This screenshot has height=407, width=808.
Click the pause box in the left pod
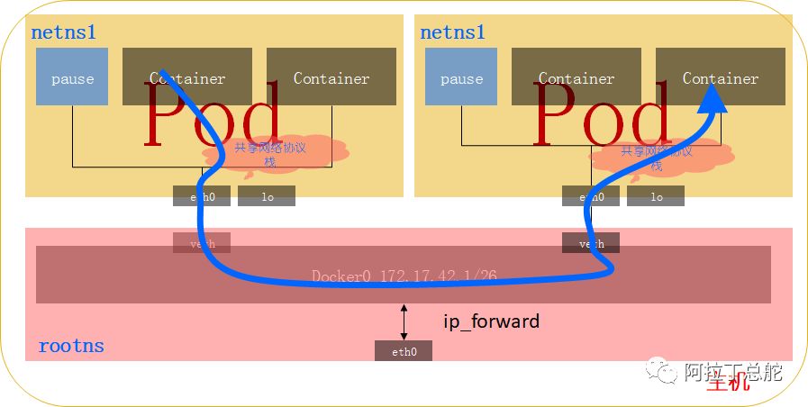[x=72, y=77]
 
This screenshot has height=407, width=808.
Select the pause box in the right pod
[x=461, y=77]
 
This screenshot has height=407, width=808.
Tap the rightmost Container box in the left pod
[x=331, y=77]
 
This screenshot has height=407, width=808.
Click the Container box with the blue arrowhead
[x=721, y=77]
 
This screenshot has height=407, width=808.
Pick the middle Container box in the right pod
[x=576, y=77]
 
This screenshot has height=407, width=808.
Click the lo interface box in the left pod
[x=267, y=196]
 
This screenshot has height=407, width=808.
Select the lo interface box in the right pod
[x=656, y=196]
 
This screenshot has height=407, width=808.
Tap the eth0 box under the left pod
[x=202, y=196]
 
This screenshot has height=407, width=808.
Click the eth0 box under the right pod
[x=591, y=196]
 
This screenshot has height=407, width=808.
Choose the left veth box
[x=202, y=242]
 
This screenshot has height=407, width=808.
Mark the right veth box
[x=591, y=242]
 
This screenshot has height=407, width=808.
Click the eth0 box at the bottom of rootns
[x=404, y=351]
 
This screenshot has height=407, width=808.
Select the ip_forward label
[x=491, y=321]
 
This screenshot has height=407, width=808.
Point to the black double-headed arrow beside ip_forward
[x=404, y=321]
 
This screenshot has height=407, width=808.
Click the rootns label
[x=71, y=346]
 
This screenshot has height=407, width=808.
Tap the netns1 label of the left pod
[x=64, y=32]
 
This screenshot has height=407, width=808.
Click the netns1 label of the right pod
[x=453, y=32]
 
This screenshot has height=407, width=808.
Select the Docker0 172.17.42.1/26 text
[x=404, y=276]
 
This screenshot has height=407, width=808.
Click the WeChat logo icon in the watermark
[x=666, y=370]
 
